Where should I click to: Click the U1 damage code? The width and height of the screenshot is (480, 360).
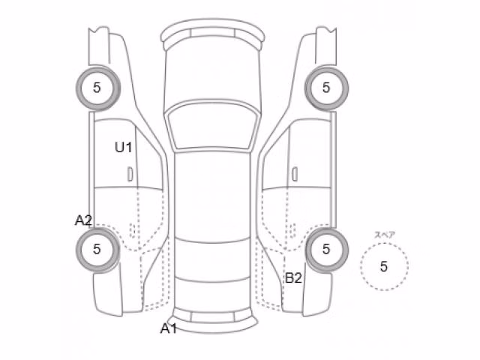point(123,147)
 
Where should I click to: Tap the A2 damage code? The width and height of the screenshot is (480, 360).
point(83,220)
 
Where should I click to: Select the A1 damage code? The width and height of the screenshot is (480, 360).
point(169,328)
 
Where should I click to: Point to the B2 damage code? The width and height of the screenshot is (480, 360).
point(293,278)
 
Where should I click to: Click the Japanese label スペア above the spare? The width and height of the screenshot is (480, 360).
point(385,235)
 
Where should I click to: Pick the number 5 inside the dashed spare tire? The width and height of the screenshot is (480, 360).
point(384,267)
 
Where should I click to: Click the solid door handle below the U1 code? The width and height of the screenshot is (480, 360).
point(130,174)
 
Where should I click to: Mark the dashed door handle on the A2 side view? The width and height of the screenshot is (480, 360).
point(133,230)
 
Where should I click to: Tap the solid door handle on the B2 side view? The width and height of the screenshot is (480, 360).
point(295,174)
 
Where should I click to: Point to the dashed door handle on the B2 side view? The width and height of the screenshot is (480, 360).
point(292,230)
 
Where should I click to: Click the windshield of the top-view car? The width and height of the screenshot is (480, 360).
point(212,127)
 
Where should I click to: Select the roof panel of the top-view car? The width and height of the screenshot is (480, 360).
point(212,196)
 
